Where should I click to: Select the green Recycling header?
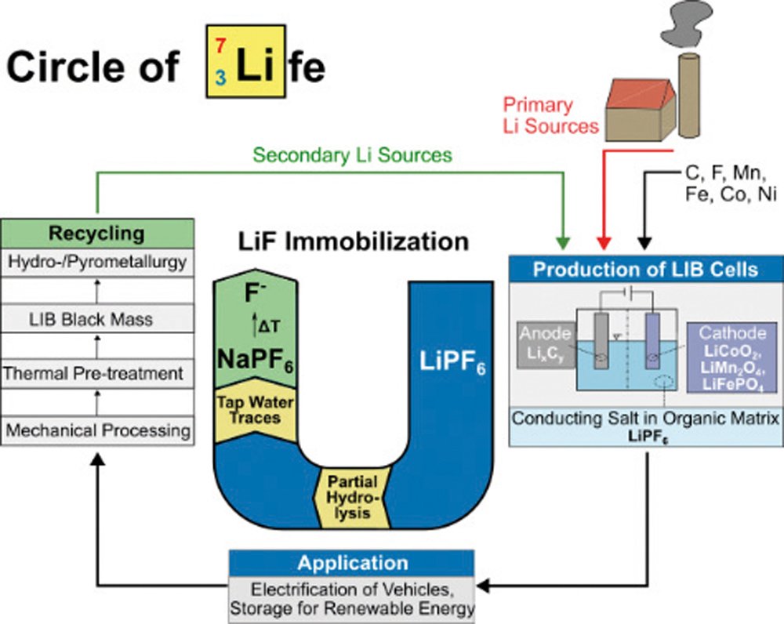(x=97, y=233)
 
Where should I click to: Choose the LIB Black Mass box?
(x=97, y=319)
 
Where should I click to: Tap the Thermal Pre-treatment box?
(x=97, y=374)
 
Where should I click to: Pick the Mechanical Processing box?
(x=97, y=430)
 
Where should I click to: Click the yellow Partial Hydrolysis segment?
(x=353, y=498)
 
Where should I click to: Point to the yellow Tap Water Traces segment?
(x=254, y=408)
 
